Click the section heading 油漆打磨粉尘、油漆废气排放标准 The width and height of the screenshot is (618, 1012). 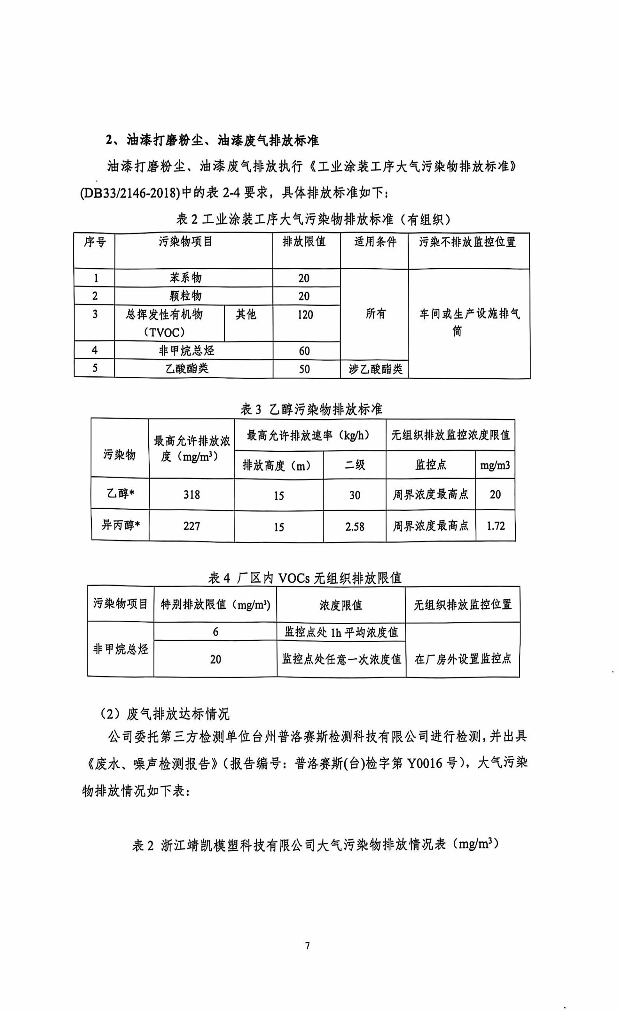pyautogui.click(x=212, y=141)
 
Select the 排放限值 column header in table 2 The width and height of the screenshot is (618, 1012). pyautogui.click(x=304, y=242)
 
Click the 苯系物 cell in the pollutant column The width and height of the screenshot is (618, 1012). pyautogui.click(x=185, y=278)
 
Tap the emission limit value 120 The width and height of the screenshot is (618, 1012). pyautogui.click(x=305, y=315)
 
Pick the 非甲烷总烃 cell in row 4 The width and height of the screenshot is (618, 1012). pyautogui.click(x=187, y=351)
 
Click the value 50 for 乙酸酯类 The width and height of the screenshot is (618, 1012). pyautogui.click(x=304, y=369)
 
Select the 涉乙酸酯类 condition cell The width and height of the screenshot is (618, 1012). pyautogui.click(x=375, y=369)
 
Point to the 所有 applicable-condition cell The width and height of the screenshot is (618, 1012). pyautogui.click(x=375, y=314)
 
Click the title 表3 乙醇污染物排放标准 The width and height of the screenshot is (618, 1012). pyautogui.click(x=311, y=410)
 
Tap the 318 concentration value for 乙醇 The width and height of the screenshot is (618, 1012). pyautogui.click(x=192, y=495)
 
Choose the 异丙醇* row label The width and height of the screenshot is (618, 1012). pyautogui.click(x=121, y=525)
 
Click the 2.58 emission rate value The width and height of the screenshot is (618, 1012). pyautogui.click(x=355, y=527)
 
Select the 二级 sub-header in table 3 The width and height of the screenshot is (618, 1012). pyautogui.click(x=355, y=465)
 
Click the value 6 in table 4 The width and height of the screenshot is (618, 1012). pyautogui.click(x=215, y=632)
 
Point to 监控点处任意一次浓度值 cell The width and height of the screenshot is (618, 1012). pyautogui.click(x=341, y=659)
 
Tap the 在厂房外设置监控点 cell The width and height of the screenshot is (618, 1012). pyautogui.click(x=463, y=659)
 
